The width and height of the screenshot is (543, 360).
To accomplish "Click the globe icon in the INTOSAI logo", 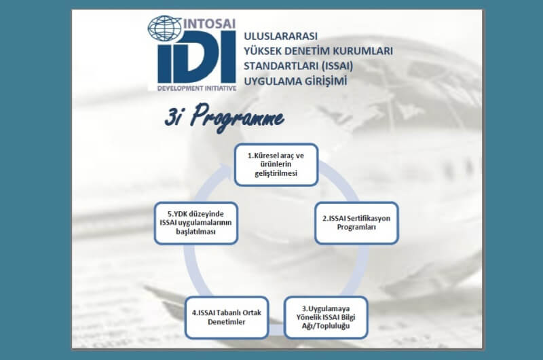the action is (164, 28).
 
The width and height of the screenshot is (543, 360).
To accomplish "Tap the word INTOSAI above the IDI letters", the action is (209, 24).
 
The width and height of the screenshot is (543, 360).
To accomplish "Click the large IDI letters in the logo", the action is (196, 57).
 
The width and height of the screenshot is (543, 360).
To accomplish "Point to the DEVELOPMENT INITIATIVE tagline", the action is (197, 88).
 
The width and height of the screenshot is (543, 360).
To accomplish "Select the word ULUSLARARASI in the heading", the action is (281, 36).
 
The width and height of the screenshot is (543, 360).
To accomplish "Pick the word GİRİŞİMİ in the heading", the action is (326, 81).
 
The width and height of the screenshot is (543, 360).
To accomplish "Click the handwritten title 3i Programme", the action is (224, 118).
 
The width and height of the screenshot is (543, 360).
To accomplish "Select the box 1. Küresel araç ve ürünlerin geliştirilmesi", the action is (276, 164).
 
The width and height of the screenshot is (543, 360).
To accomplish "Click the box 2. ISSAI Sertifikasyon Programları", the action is (356, 223).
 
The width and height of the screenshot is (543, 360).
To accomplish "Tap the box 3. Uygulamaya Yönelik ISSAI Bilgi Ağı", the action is (326, 317).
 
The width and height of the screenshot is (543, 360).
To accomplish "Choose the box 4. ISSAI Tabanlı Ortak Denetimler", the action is (227, 317).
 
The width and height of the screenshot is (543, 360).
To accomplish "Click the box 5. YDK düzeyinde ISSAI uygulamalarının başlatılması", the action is (196, 223).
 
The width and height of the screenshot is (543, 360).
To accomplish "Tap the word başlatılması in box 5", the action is (195, 232).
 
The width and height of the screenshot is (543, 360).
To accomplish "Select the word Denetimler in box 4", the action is (227, 322).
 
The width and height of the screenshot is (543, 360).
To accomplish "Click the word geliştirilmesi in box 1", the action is (276, 173).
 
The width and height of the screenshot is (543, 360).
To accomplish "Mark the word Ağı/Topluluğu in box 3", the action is (326, 326).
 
